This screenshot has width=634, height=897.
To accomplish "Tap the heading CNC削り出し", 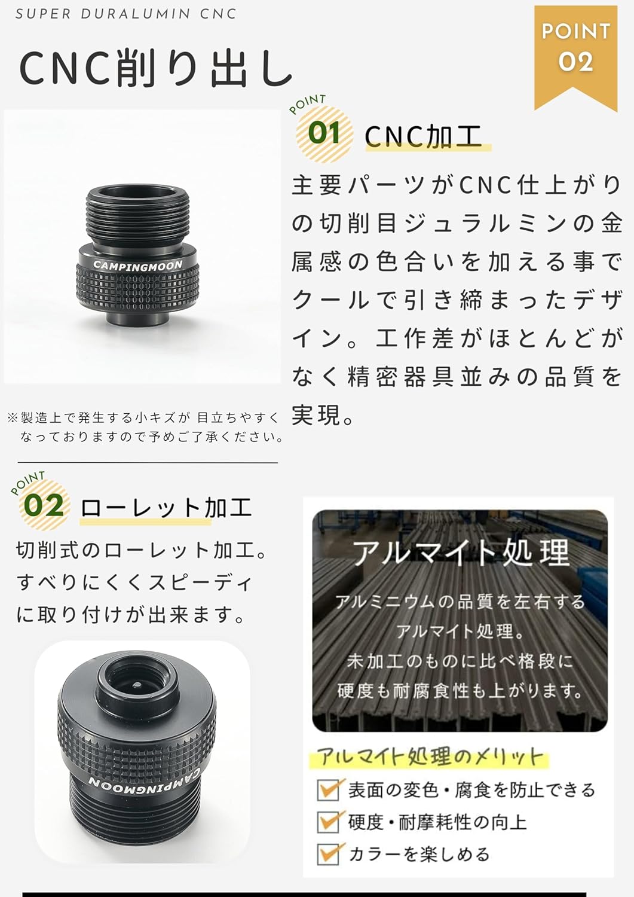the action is [x=155, y=68].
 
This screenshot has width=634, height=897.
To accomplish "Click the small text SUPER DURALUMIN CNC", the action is [x=125, y=14].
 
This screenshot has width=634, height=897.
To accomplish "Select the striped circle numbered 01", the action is [x=324, y=134].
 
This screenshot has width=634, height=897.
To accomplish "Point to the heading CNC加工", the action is [x=423, y=136].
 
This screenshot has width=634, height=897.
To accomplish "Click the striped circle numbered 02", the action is [x=45, y=505].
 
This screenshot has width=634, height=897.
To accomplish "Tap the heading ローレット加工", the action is [x=166, y=508].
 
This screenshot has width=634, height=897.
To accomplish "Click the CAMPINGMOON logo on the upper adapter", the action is [x=137, y=265].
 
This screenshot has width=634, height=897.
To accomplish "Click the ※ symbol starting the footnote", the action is [x=13, y=418].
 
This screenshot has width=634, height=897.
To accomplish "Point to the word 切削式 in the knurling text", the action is [x=45, y=551].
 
